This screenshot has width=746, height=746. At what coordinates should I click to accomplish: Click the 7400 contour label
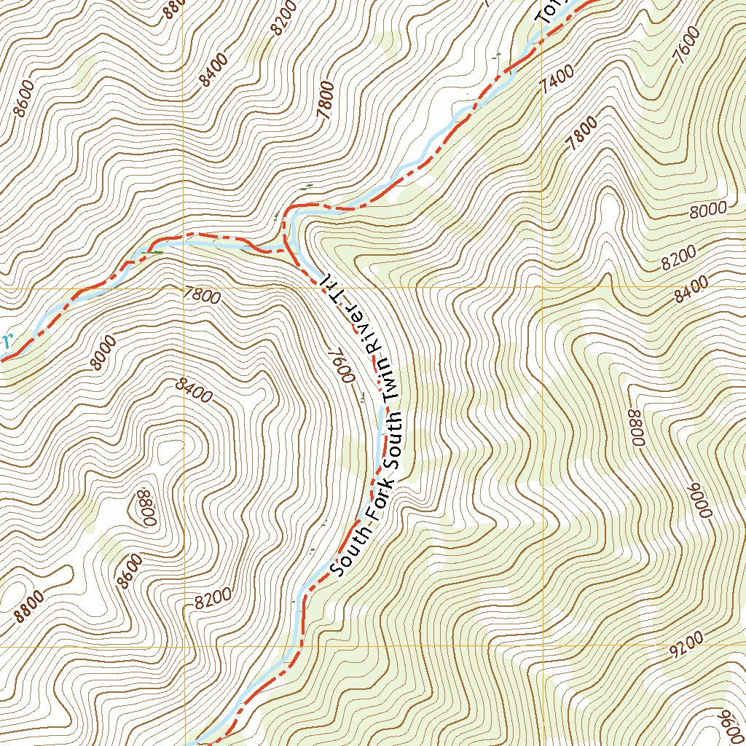click(558, 79)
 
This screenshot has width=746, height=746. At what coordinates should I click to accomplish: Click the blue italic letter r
click(7, 339)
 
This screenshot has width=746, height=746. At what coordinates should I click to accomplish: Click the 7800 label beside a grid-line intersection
click(203, 297)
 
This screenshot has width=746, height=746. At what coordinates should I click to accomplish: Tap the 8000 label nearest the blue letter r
click(104, 353)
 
